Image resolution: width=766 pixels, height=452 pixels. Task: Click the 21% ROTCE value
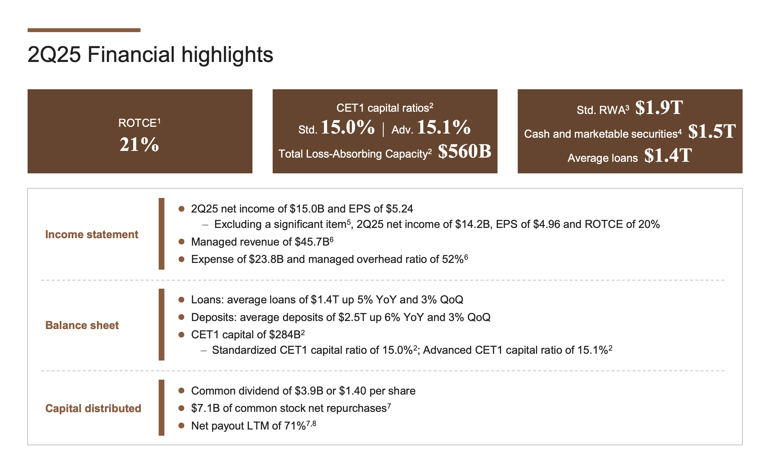[139, 144]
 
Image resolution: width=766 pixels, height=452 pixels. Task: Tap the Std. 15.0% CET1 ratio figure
[347, 127]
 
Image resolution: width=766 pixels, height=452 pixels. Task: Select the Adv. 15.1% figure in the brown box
[444, 127]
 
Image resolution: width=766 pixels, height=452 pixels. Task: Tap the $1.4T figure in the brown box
[668, 156]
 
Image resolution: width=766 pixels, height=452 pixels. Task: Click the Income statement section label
[92, 234]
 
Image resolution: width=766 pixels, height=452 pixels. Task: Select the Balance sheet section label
[82, 325]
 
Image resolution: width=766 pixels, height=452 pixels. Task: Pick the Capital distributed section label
[93, 408]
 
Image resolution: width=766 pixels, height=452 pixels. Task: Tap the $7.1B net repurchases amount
[205, 408]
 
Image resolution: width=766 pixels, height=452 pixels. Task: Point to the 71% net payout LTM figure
[295, 426]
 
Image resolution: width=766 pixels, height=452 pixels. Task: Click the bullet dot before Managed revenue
[181, 242]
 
